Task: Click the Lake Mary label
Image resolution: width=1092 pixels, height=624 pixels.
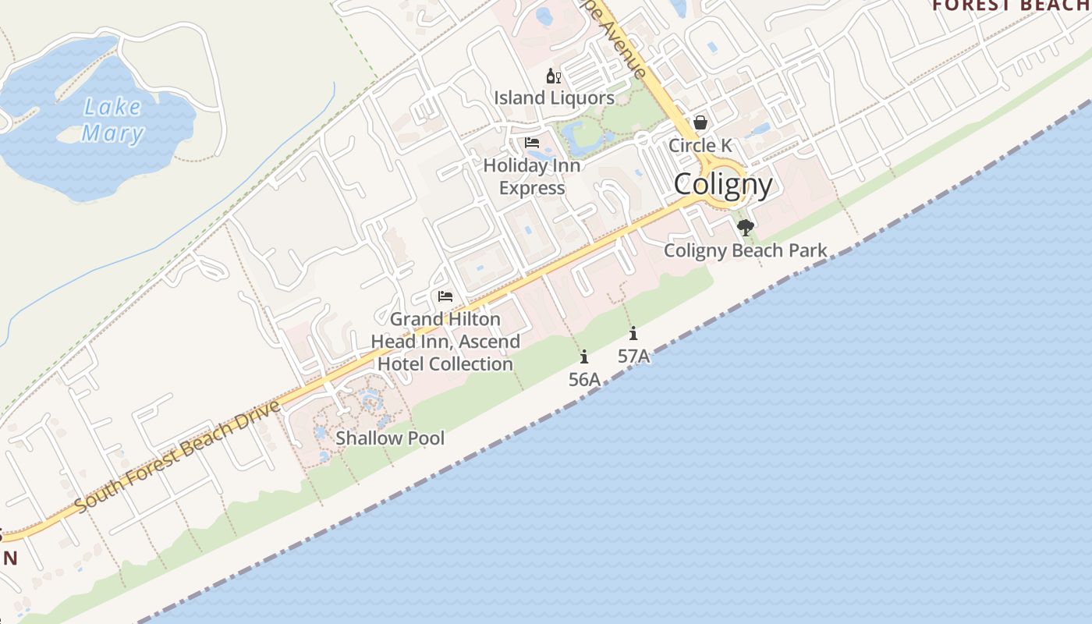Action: pos(113,120)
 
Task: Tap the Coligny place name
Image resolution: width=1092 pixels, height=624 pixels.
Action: pos(723,185)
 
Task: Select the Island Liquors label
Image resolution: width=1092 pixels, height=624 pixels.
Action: pos(554,98)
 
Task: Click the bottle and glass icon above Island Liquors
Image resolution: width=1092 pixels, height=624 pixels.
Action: pos(554,76)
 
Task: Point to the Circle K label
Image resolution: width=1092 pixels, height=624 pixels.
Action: pos(700,146)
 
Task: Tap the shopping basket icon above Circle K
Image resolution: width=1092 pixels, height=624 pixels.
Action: pos(700,122)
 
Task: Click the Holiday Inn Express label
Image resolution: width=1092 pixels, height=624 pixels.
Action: pos(532,177)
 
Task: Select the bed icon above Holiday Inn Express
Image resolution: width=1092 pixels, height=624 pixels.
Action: pos(532,143)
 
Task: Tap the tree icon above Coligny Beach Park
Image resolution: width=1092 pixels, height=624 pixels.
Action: pos(746,228)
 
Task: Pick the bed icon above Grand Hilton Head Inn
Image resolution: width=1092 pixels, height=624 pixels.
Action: pos(445,296)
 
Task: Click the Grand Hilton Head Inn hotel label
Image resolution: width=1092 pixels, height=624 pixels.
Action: pos(445,342)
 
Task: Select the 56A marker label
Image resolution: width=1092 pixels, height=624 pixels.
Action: pos(584,380)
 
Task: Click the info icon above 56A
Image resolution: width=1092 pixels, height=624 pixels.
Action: pos(584,357)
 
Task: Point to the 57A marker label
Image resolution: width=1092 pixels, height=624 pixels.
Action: pos(633,356)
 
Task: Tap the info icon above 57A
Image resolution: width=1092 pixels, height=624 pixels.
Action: pos(633,334)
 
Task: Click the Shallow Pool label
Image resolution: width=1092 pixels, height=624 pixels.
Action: pos(390,438)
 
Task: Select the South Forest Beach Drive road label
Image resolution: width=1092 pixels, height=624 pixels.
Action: pos(178,458)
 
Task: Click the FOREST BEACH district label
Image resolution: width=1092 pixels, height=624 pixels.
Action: pos(1011,6)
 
